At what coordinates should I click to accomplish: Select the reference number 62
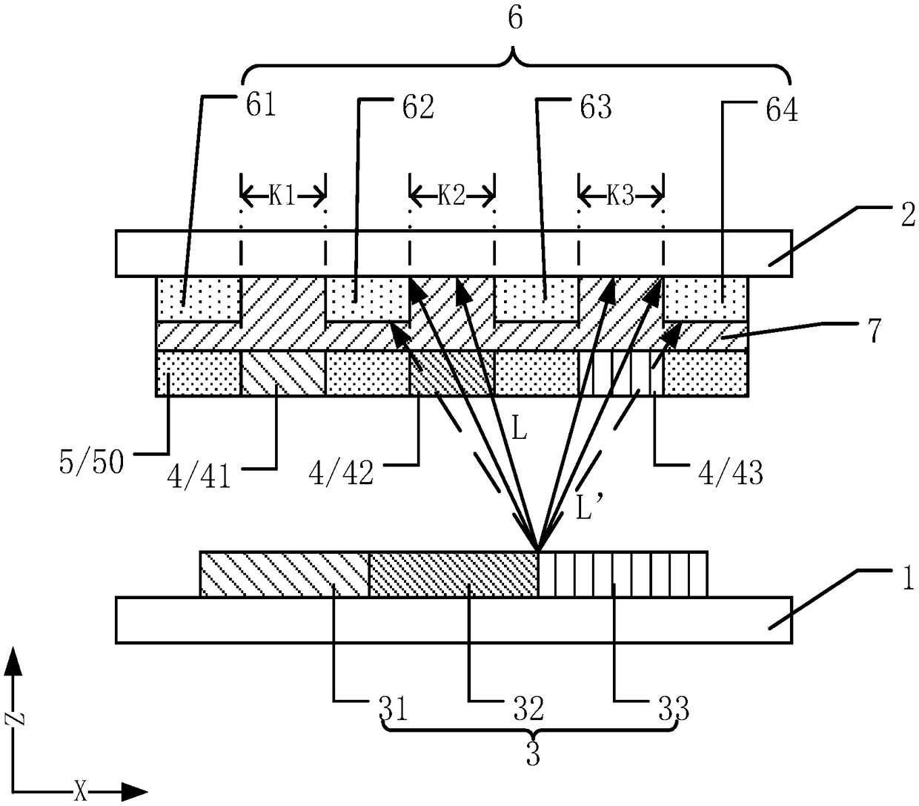point(417,108)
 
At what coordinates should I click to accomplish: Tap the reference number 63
point(596,107)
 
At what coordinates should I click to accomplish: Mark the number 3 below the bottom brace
point(531,755)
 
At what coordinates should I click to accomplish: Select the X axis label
point(81,790)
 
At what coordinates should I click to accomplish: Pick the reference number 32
point(526,709)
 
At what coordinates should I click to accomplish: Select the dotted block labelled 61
point(198,300)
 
